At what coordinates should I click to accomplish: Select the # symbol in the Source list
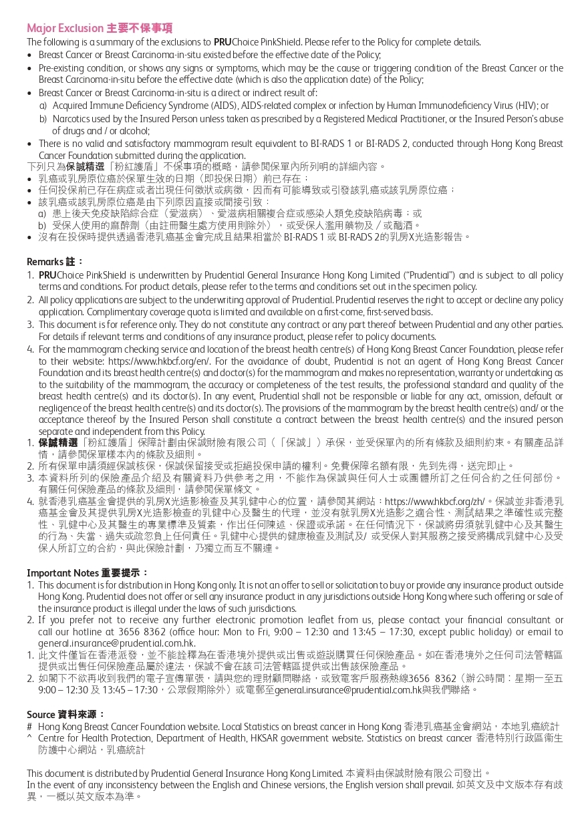tap(29, 726)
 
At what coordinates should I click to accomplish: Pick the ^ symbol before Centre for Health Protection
tap(29, 737)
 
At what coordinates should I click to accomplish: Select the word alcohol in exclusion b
tap(136, 130)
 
